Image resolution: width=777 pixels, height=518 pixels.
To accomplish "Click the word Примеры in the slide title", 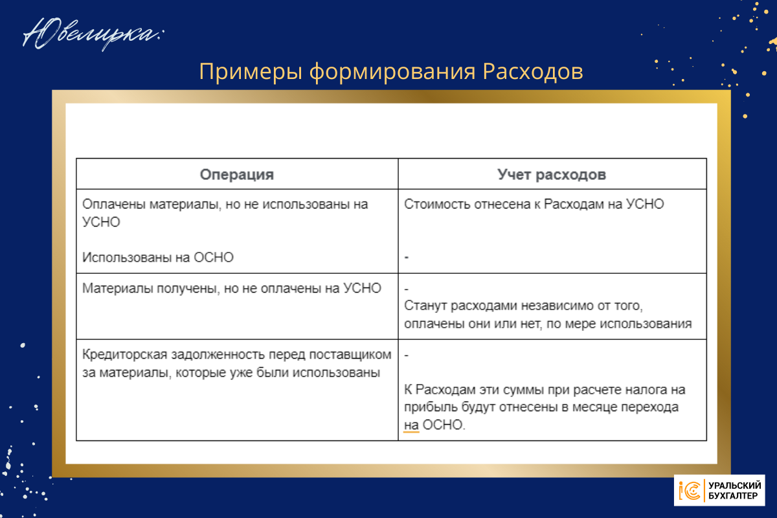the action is point(251,72).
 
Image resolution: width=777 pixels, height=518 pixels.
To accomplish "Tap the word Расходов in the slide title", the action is point(533,71).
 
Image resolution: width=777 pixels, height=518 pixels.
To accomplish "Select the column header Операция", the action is point(237,175).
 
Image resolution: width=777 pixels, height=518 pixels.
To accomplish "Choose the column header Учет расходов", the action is point(552,175).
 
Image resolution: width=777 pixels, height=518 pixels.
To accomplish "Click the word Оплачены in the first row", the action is point(113,205).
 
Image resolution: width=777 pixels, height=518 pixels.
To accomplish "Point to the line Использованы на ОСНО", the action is point(158,258).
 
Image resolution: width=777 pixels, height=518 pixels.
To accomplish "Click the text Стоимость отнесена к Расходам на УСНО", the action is point(534,204).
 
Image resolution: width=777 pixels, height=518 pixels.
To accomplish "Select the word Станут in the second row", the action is point(425,306).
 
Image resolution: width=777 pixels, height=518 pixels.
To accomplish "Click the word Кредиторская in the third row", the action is point(125,355).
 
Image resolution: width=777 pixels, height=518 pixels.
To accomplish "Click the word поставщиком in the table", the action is point(350,355).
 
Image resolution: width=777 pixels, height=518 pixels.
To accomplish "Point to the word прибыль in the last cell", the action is point(431,407).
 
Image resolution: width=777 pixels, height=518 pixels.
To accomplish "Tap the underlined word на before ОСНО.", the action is point(411,425).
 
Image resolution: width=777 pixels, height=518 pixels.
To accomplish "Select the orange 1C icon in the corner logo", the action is point(690,491).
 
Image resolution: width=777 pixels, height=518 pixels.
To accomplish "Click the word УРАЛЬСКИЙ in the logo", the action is point(735,486).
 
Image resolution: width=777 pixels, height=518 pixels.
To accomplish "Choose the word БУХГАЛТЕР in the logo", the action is point(733,496).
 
